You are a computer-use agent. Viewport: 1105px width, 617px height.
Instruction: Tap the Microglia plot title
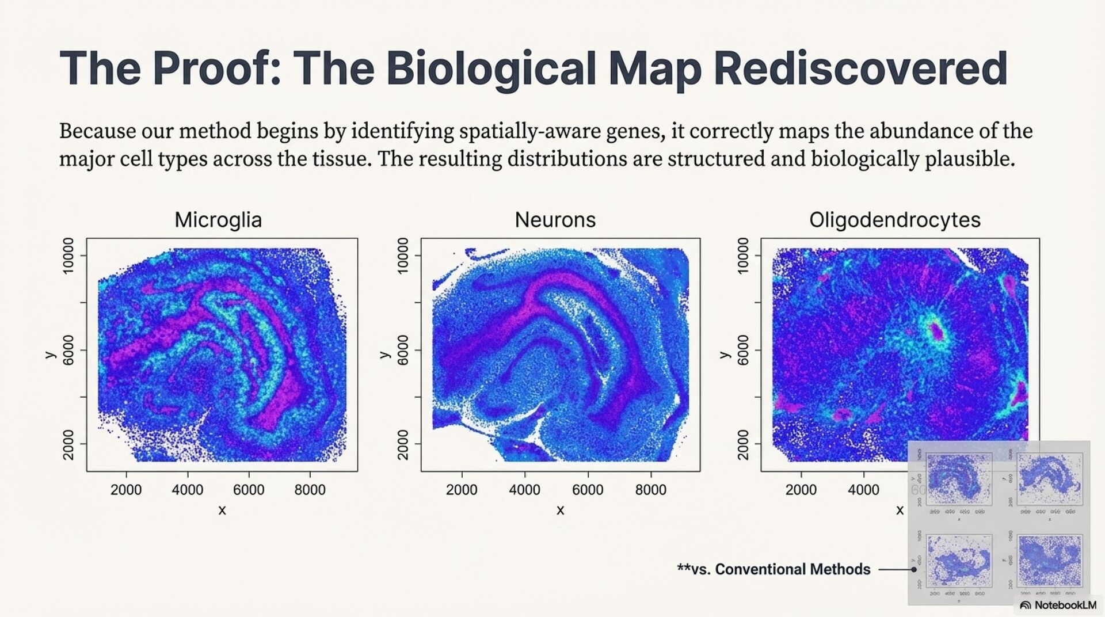pos(218,220)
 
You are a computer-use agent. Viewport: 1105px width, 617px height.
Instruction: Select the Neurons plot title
pos(555,220)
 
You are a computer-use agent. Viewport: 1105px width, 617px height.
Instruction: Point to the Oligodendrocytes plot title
pos(894,220)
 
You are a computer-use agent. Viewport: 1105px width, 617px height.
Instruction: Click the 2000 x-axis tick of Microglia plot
pos(126,490)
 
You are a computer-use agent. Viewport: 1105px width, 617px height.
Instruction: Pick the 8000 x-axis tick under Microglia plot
pos(310,490)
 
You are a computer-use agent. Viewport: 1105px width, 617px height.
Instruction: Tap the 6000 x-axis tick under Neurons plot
pos(588,490)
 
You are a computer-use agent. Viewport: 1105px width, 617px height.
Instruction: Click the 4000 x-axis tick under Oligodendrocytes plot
pos(863,490)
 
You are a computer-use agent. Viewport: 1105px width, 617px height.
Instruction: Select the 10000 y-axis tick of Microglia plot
pos(68,256)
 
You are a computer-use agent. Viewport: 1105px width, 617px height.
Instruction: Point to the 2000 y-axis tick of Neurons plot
pos(403,444)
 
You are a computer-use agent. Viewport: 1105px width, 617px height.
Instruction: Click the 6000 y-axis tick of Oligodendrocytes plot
pos(743,350)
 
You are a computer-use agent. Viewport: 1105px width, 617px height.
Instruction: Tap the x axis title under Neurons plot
pos(560,511)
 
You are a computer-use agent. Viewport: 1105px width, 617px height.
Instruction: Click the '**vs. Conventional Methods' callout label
pos(773,569)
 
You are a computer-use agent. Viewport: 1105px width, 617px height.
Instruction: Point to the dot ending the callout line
pos(913,570)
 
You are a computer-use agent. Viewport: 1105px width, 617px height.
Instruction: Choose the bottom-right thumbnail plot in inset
pos(1049,561)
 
